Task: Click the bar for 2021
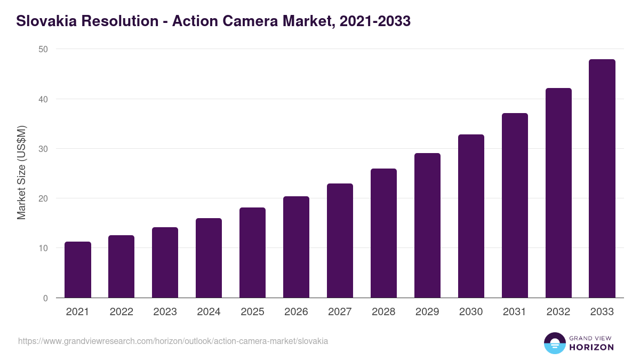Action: click(x=78, y=270)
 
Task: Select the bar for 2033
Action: click(x=602, y=179)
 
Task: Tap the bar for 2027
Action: click(x=340, y=241)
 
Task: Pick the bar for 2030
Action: click(x=471, y=216)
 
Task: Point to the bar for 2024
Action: click(x=209, y=258)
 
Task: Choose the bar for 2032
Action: click(x=558, y=193)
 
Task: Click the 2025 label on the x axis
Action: click(x=252, y=312)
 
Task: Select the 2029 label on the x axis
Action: click(x=427, y=312)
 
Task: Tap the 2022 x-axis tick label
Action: click(x=121, y=312)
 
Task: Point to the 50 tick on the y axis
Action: click(x=43, y=50)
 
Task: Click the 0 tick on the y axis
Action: click(x=45, y=298)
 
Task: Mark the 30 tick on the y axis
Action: click(x=43, y=149)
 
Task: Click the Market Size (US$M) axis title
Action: click(x=21, y=172)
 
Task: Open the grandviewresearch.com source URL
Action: click(x=173, y=341)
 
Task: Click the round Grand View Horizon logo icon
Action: click(x=554, y=343)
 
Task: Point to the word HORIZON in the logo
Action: click(x=591, y=347)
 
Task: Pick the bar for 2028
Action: click(x=383, y=233)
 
